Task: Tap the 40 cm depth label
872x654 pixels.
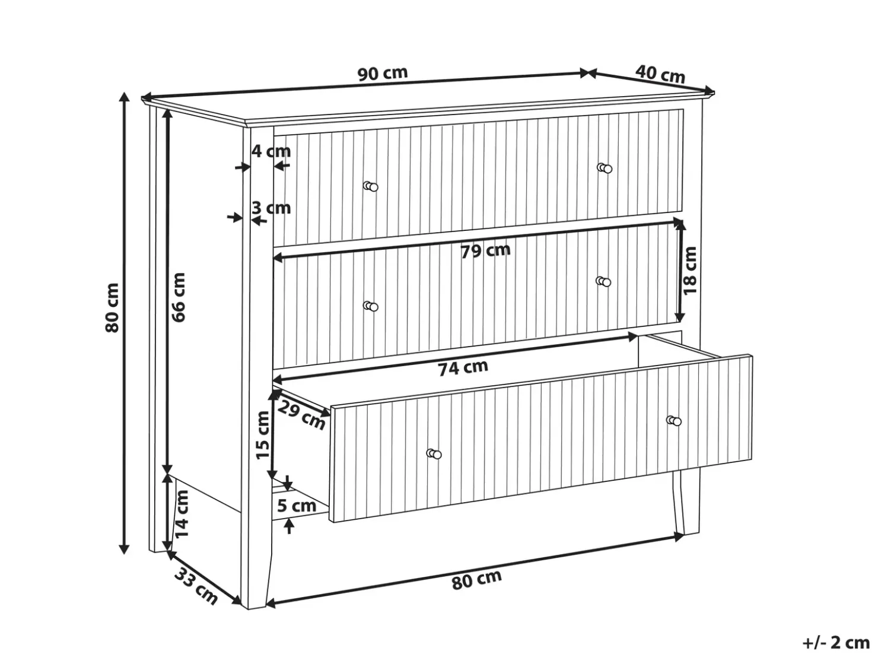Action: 660,74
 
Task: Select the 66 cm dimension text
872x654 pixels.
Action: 179,297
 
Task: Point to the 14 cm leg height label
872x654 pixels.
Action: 182,514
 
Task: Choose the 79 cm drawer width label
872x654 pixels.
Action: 485,250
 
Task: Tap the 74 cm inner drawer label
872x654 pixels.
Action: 463,367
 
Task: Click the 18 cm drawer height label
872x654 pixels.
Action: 690,270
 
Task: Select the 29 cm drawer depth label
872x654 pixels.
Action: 301,415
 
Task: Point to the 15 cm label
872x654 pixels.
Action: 263,436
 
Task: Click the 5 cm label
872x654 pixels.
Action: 297,506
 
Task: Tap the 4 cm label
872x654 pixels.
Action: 271,151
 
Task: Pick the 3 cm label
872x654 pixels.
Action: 271,208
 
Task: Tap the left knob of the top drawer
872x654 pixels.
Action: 371,186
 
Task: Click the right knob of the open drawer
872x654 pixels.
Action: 674,421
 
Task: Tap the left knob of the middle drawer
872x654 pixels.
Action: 371,306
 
